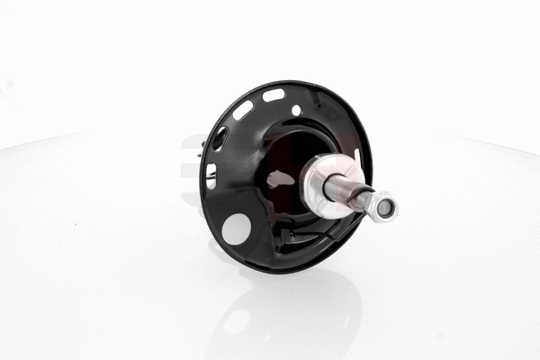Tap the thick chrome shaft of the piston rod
(x=347, y=190)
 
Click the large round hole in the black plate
(x=236, y=229)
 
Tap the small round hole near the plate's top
(x=296, y=110)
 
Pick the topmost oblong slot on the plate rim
(x=274, y=94)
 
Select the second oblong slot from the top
(x=243, y=110)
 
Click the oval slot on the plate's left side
(x=219, y=138)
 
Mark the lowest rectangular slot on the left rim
(x=211, y=176)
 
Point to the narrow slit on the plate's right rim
(x=357, y=157)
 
